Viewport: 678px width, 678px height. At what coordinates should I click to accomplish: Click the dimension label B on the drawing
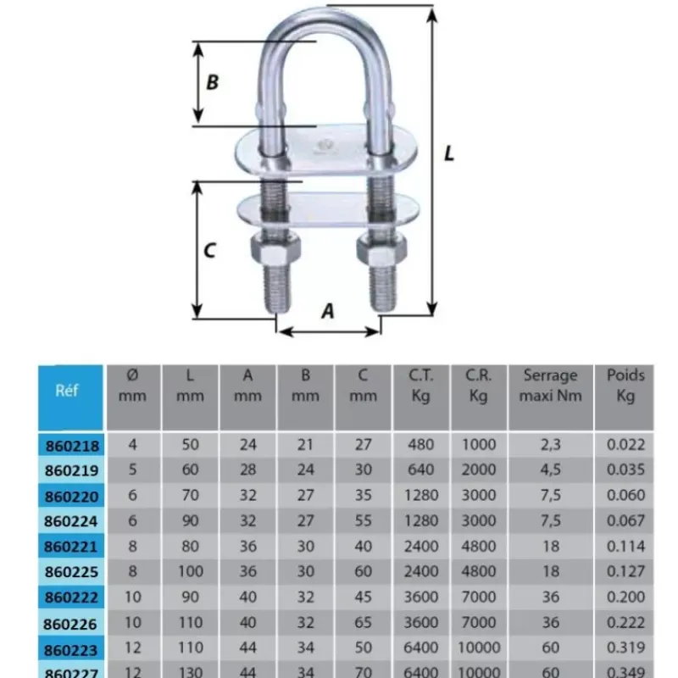coord(213,82)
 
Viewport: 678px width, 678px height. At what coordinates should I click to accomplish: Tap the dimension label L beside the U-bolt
coord(449,153)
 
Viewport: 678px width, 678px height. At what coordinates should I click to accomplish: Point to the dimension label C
coord(209,250)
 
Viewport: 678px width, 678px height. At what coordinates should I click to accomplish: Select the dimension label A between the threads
coord(328,311)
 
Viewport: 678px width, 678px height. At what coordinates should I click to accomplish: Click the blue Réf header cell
coord(70,397)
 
